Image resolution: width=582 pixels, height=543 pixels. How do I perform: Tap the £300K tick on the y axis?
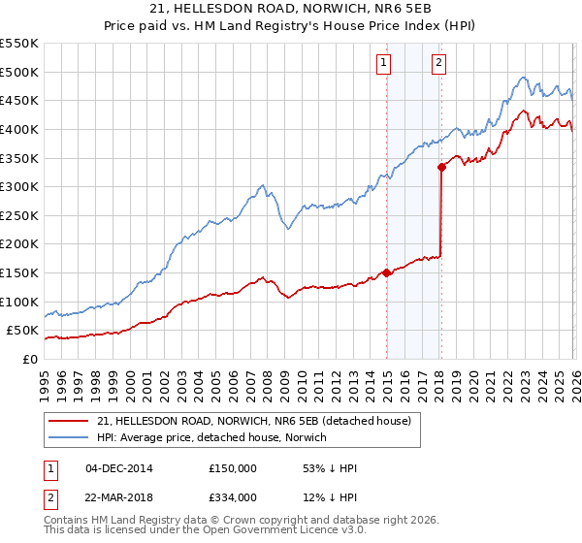point(19,186)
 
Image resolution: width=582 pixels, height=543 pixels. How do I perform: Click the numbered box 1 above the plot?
point(384,63)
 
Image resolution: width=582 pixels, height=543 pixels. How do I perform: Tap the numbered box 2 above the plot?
point(438,63)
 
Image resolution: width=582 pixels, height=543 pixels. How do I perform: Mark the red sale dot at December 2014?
point(387,272)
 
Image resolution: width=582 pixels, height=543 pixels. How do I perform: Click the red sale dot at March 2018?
point(442,167)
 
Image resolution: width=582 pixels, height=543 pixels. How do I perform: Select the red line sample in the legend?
point(70,421)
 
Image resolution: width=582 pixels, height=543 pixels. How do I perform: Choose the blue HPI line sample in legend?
point(70,437)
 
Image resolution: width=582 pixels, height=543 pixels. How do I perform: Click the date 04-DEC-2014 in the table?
point(120,468)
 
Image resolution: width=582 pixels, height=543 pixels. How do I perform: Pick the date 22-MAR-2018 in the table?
point(120,497)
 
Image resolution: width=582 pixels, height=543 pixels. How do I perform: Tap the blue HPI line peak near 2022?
point(522,78)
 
